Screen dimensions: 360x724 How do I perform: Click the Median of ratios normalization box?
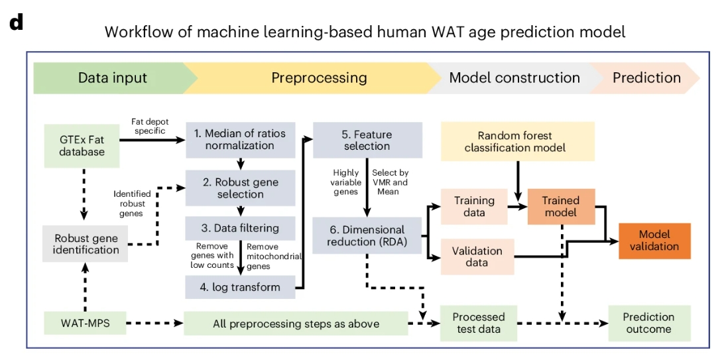click(x=240, y=139)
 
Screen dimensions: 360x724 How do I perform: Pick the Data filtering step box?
click(x=240, y=228)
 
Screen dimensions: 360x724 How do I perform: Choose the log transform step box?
click(x=240, y=287)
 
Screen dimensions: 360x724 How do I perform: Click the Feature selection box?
click(x=367, y=139)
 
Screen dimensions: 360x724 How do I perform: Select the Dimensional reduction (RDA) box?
click(x=367, y=235)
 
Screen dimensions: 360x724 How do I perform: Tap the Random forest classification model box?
click(x=515, y=141)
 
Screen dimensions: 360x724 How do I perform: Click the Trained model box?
click(x=561, y=206)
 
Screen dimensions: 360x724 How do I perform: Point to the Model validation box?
click(x=654, y=240)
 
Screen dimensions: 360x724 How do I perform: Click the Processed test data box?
click(x=478, y=323)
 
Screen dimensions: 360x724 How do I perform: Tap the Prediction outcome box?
click(x=649, y=323)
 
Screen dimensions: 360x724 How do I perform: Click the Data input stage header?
click(x=113, y=78)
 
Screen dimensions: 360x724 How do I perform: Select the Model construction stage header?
click(x=514, y=78)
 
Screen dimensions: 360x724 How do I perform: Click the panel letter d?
click(x=17, y=22)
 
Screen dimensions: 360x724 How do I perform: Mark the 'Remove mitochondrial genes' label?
click(x=272, y=255)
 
